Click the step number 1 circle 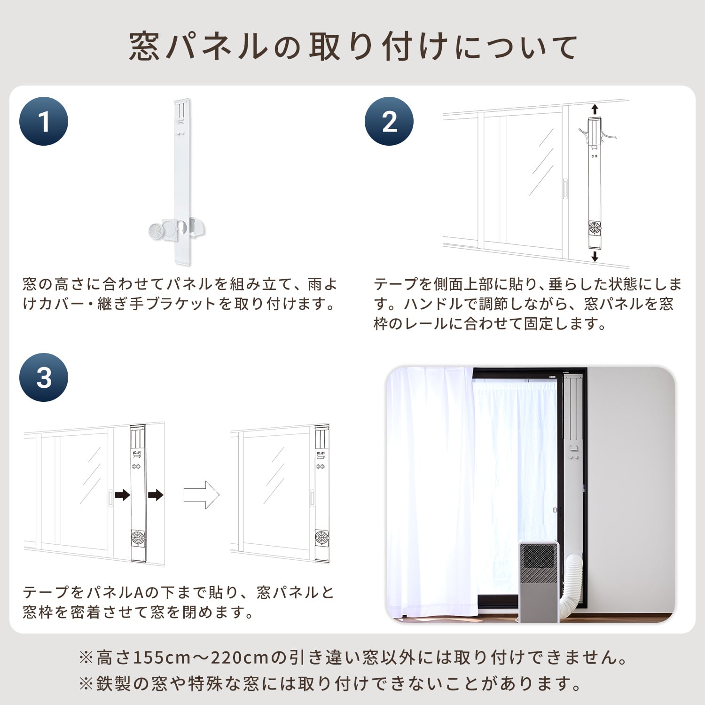(x=44, y=121)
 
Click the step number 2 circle (x=389, y=121)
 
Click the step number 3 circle (x=44, y=377)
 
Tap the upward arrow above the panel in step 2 (x=595, y=110)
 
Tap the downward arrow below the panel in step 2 (x=595, y=256)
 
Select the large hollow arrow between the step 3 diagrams (x=201, y=494)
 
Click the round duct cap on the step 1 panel (x=156, y=231)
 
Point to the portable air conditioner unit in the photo (x=539, y=580)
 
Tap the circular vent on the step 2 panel (x=595, y=228)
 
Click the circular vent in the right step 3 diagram (x=321, y=537)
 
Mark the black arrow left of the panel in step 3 (x=122, y=494)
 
